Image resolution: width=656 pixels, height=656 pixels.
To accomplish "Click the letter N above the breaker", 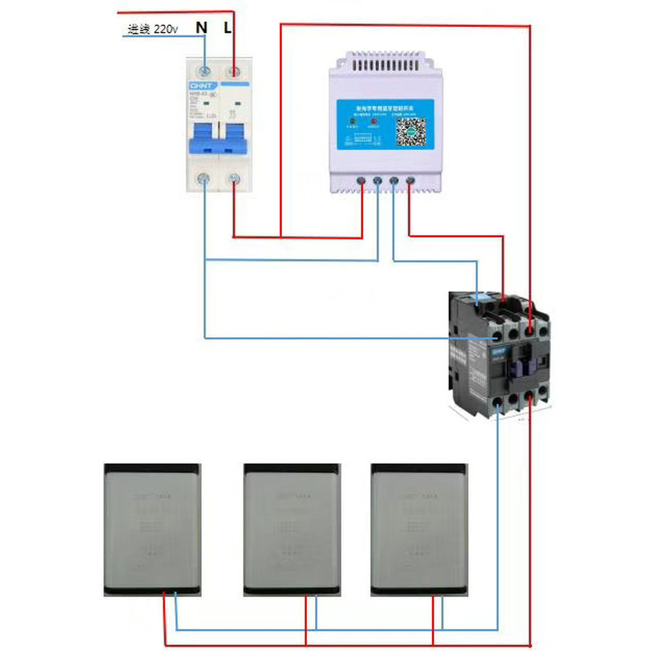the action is click(x=201, y=27).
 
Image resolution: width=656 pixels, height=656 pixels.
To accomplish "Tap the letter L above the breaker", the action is click(x=228, y=27).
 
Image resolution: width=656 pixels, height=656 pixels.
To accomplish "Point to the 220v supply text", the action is click(x=153, y=29).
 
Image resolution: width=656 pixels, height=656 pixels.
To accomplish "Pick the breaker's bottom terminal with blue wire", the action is click(x=203, y=179).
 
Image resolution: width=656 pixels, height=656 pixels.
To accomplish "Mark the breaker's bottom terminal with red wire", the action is click(x=234, y=179).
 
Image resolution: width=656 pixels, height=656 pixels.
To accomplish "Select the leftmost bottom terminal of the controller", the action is click(x=361, y=181).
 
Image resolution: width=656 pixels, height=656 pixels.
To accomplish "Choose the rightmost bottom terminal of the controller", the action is click(x=410, y=181).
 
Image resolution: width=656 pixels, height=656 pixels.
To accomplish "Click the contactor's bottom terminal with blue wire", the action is click(x=498, y=400).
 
